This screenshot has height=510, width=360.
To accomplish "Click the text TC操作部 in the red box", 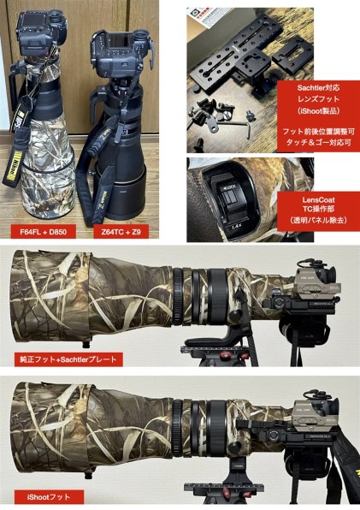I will coord(318,210).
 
